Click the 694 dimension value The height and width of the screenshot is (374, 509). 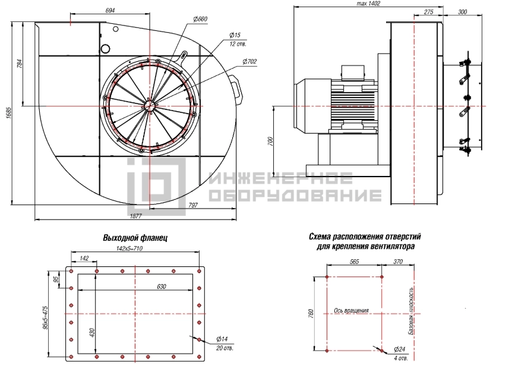click(110, 10)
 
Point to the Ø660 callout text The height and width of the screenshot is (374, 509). click(200, 19)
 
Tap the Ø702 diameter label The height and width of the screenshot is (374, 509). click(249, 61)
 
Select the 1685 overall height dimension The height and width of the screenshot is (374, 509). click(9, 113)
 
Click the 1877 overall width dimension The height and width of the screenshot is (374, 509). click(135, 216)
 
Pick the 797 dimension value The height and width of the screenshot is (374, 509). click(193, 205)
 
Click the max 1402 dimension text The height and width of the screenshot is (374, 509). click(368, 4)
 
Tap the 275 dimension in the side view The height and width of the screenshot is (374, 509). click(428, 12)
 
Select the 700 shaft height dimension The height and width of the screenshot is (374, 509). click(271, 142)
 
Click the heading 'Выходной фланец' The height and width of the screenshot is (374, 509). click(135, 238)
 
